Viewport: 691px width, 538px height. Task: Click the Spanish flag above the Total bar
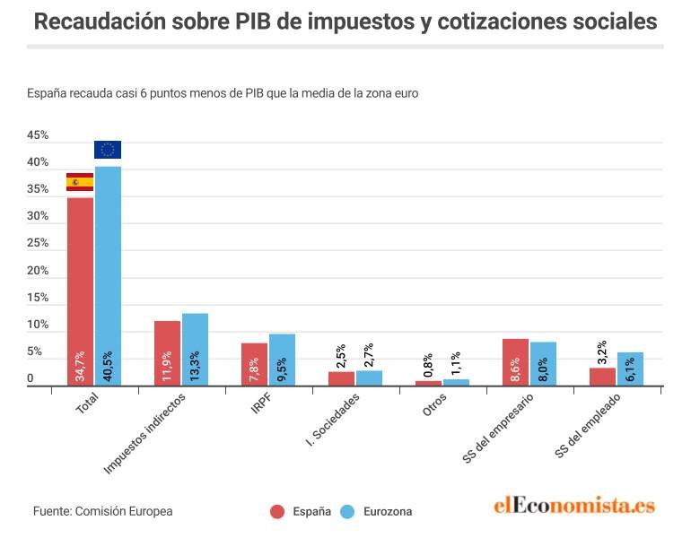tap(80, 182)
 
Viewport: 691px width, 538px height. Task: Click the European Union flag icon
tap(108, 150)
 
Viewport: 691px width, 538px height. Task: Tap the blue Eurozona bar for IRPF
tap(282, 360)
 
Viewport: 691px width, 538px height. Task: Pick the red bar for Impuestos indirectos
tap(167, 353)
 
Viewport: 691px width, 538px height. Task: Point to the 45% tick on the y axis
tap(38, 135)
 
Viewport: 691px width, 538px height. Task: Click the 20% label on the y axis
tap(38, 271)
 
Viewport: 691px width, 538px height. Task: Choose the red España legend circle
tap(277, 512)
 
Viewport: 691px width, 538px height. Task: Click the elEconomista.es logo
tap(574, 507)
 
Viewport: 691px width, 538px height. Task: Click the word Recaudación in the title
tap(97, 22)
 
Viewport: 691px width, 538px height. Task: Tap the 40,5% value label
tap(108, 369)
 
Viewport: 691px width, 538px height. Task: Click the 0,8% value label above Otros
tap(428, 364)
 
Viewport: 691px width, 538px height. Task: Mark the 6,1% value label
tap(631, 369)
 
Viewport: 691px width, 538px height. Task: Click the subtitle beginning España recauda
tap(223, 92)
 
